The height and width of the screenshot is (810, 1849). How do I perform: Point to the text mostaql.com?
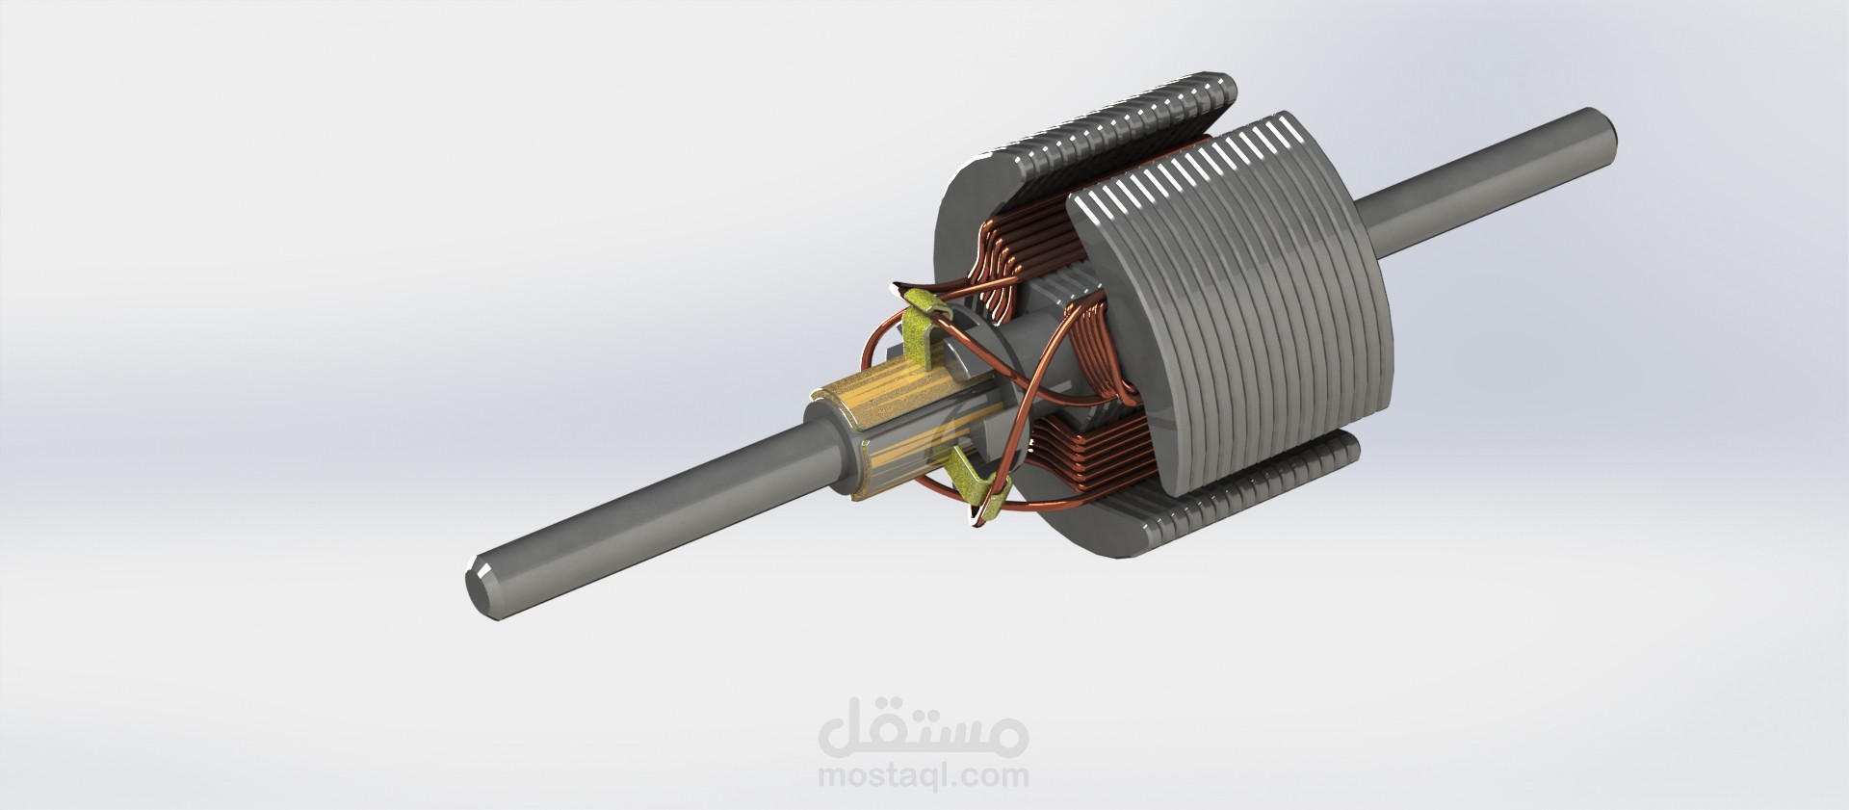click(923, 775)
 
